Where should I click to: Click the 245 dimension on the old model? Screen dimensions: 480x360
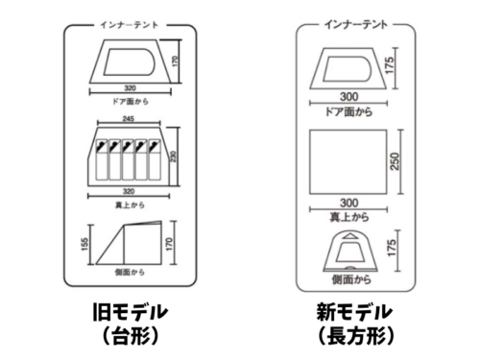coord(129,119)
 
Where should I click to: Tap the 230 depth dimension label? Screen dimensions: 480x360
coord(173,156)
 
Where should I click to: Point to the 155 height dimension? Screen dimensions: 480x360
coord(84,244)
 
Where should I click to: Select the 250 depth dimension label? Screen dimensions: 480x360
coord(396,161)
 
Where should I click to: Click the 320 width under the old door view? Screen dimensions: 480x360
coord(130,88)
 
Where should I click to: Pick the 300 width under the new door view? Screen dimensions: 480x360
coord(348,96)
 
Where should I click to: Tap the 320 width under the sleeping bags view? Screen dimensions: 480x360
coord(129,191)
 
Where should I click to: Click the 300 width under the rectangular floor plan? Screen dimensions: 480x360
coord(348,203)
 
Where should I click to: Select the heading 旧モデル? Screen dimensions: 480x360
coord(130,312)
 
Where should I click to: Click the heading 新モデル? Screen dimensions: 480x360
coord(354,312)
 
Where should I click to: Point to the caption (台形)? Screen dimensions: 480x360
coord(131,335)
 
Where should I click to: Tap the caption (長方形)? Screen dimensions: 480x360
coord(356,335)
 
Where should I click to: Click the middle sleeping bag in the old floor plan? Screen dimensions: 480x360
coord(129,159)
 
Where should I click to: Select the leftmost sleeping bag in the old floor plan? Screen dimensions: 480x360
coord(102,159)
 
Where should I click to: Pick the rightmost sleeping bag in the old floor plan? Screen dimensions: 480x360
coord(155,159)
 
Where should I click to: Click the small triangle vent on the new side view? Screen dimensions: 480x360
coord(349,236)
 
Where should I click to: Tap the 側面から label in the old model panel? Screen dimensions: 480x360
coord(130,272)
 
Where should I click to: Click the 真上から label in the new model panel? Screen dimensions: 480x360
coord(349,217)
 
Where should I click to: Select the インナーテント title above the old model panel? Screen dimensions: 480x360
coord(130,25)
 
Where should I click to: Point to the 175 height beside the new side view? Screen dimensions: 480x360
coord(392,248)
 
